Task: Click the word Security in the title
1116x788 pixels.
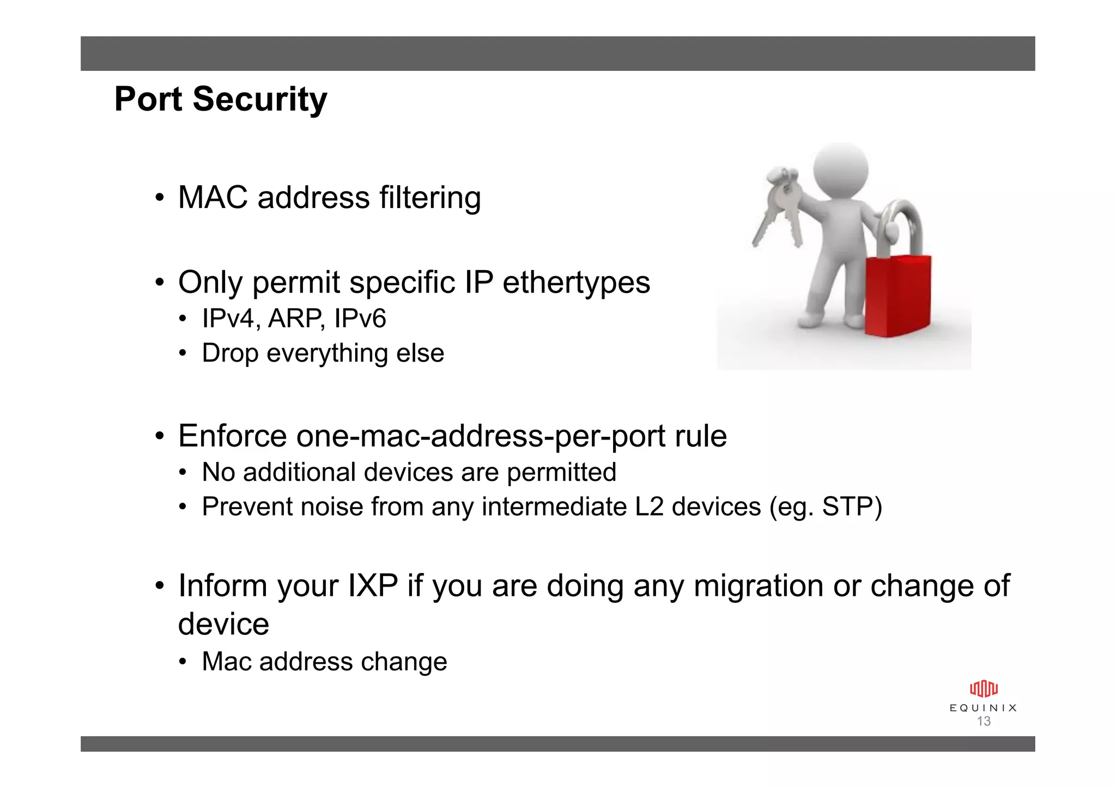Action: click(x=260, y=100)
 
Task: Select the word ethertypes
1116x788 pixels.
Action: click(x=576, y=283)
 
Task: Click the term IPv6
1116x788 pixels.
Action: click(x=360, y=319)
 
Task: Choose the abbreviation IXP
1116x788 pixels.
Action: click(x=372, y=586)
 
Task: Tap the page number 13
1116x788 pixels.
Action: click(x=984, y=722)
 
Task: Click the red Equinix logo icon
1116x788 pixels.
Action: click(x=984, y=689)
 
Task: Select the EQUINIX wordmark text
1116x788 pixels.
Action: click(x=984, y=708)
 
